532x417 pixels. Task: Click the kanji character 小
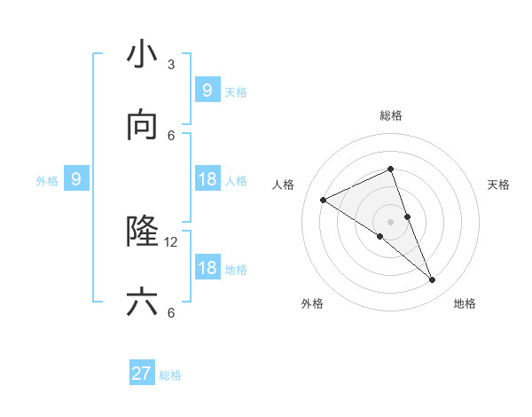coord(142,54)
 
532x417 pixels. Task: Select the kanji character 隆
coord(142,232)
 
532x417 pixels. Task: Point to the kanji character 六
coord(142,303)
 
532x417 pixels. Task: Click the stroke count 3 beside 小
coord(171,64)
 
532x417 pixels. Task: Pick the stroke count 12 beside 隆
coord(171,241)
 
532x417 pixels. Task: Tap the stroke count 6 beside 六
coord(171,312)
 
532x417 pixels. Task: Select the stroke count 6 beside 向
coord(171,135)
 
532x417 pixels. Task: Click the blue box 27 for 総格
coord(142,374)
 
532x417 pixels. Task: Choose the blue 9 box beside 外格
coord(76,179)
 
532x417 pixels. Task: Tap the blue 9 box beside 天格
coord(207,90)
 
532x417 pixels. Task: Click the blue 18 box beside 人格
coord(207,179)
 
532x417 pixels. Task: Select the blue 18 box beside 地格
coord(207,268)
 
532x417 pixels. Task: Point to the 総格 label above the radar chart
coord(391,115)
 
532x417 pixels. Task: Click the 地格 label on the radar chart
coord(465,304)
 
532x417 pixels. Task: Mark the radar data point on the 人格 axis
coord(324,200)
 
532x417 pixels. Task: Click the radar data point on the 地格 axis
coord(433,280)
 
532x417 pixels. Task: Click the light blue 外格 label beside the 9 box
coord(47,180)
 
